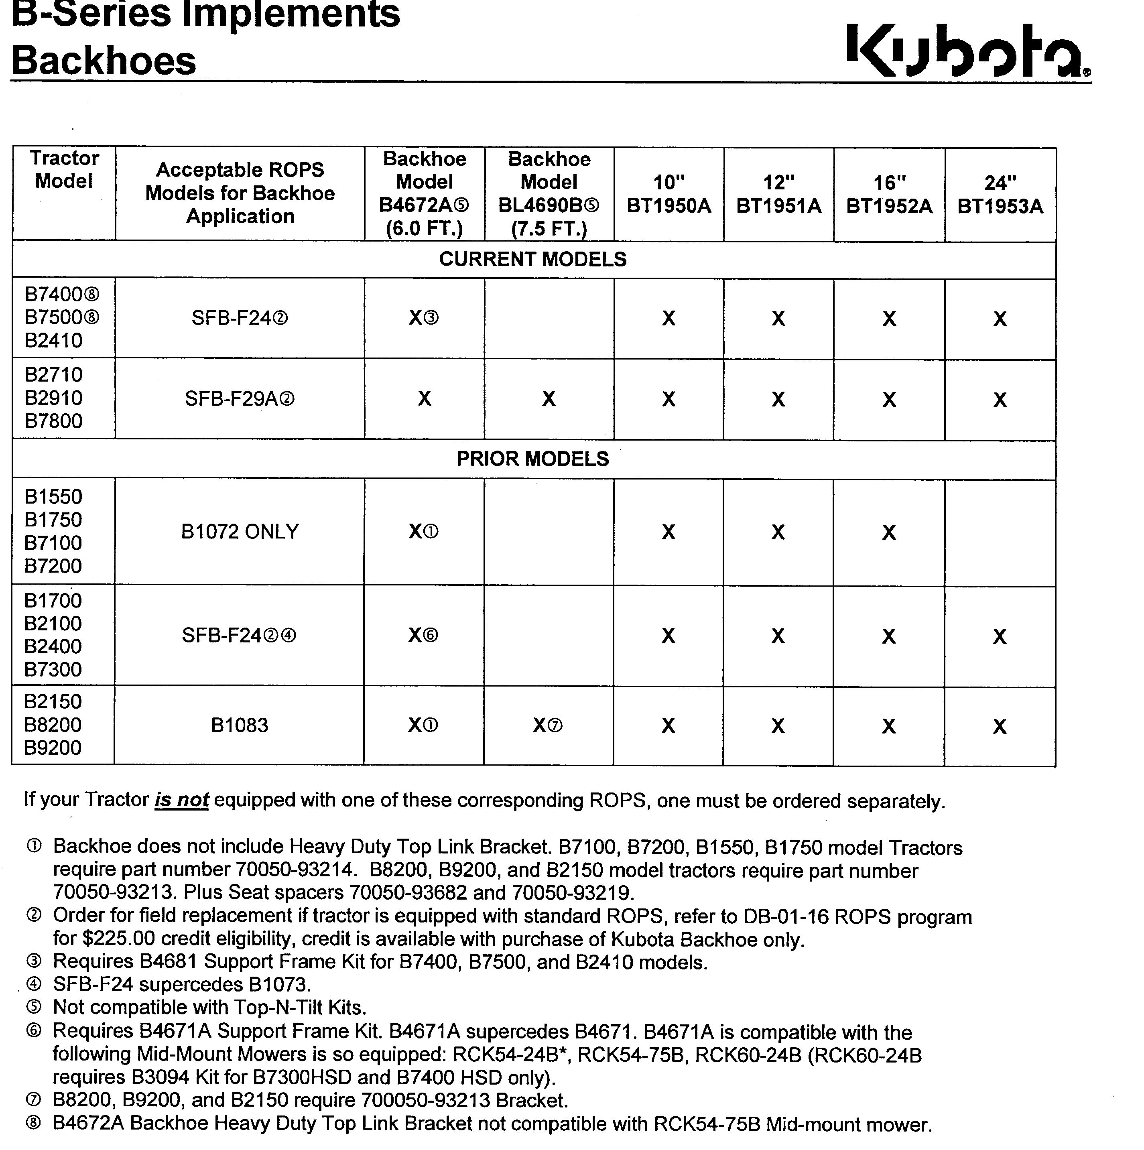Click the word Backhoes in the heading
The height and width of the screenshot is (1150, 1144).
pos(104,61)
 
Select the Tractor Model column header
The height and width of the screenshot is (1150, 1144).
pos(64,170)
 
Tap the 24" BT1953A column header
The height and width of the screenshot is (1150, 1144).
pos(1000,194)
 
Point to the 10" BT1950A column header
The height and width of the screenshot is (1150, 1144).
pos(669,194)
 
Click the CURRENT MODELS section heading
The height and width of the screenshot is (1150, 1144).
pos(533,260)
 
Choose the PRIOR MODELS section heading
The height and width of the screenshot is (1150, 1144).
pos(533,459)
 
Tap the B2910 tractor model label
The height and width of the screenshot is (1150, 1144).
pos(54,398)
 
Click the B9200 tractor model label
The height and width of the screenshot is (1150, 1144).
pos(53,748)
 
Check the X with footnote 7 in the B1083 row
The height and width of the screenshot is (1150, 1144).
pos(547,725)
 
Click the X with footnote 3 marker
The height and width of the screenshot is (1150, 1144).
pos(423,319)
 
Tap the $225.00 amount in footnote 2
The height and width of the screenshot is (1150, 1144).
pos(119,939)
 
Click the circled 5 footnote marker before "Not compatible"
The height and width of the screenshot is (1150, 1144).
pos(34,1007)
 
